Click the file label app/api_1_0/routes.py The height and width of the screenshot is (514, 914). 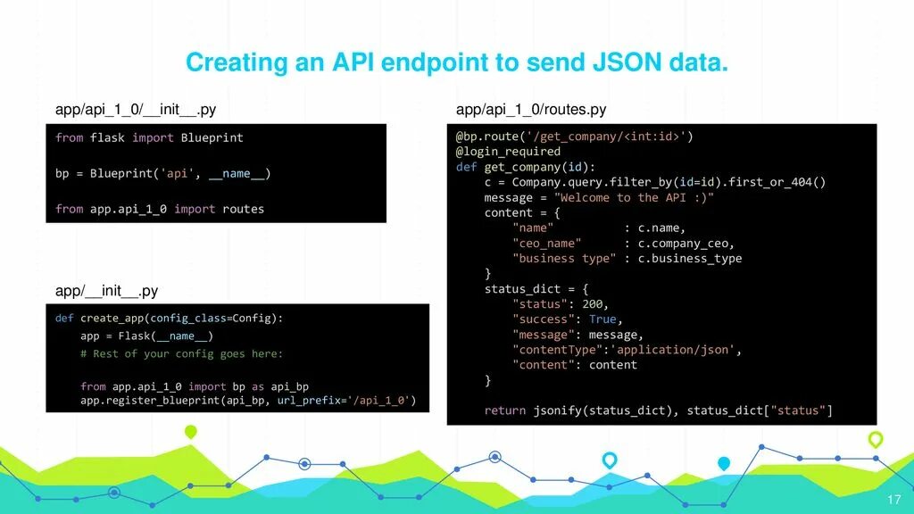530,110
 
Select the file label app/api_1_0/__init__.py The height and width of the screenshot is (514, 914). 135,110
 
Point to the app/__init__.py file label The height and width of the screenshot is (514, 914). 106,291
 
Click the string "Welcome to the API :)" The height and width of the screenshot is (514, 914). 634,197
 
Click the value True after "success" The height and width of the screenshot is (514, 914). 602,319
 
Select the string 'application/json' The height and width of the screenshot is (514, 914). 672,350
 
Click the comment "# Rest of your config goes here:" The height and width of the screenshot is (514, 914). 181,353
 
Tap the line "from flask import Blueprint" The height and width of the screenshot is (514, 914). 149,137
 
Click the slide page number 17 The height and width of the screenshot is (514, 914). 893,498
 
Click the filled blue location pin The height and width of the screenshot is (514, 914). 724,464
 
